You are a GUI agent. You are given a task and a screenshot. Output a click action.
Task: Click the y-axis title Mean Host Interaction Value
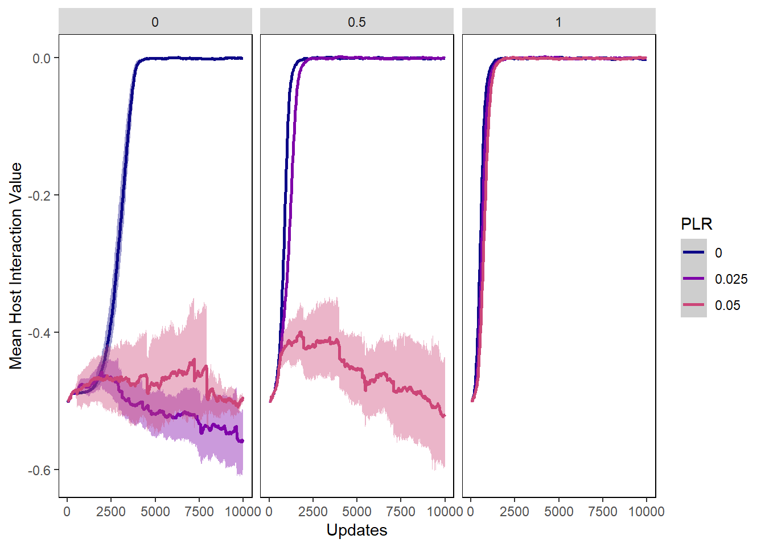16,266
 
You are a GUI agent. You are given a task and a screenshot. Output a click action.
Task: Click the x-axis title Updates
357,530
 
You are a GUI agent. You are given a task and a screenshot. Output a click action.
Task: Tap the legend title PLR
696,224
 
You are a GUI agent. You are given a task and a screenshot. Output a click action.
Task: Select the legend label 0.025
731,279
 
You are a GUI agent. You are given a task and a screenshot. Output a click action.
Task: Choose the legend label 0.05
727,305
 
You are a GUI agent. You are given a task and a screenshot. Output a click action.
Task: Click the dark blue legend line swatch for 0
693,252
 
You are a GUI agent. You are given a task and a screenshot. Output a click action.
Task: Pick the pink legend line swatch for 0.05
693,305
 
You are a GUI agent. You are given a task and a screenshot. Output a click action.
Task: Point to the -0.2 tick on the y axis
40,195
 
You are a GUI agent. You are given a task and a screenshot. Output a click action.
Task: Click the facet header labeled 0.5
357,22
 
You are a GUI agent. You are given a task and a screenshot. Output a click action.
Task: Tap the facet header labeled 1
558,22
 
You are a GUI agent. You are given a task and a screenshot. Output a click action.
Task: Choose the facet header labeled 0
155,22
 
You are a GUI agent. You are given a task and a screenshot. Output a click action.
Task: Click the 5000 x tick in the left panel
155,511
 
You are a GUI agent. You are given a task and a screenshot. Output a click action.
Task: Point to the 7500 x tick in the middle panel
401,511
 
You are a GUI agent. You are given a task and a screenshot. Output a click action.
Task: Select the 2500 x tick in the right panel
515,511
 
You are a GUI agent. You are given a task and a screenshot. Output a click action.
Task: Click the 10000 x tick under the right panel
647,511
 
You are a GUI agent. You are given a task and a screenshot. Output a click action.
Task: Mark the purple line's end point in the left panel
243,441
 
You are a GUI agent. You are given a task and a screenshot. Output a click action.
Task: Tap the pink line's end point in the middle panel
445,416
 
